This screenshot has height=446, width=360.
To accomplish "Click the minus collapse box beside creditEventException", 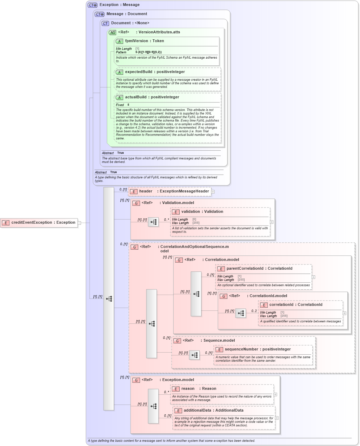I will coord(79,223).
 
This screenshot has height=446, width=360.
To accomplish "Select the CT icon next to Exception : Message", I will coord(93,5).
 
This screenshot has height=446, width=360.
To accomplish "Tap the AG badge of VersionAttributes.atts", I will coord(112,32).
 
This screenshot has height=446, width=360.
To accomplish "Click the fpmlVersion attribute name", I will coord(136,41).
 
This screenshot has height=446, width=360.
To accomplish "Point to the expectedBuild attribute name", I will coord(138,72).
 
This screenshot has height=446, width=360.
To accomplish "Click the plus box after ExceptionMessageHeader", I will coord(213,192).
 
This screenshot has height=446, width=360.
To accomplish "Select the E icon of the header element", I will coord(133,192).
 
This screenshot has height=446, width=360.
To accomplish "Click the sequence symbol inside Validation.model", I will coord(153,222).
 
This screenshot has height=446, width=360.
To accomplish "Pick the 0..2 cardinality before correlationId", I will coord(254,311).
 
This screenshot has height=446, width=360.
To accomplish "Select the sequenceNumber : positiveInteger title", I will coord(258,349).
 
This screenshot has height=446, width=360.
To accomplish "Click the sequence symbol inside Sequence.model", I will coord(194,355).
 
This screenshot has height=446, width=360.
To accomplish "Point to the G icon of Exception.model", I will coord(136,380).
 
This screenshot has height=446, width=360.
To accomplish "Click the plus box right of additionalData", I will coord(277,418).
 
